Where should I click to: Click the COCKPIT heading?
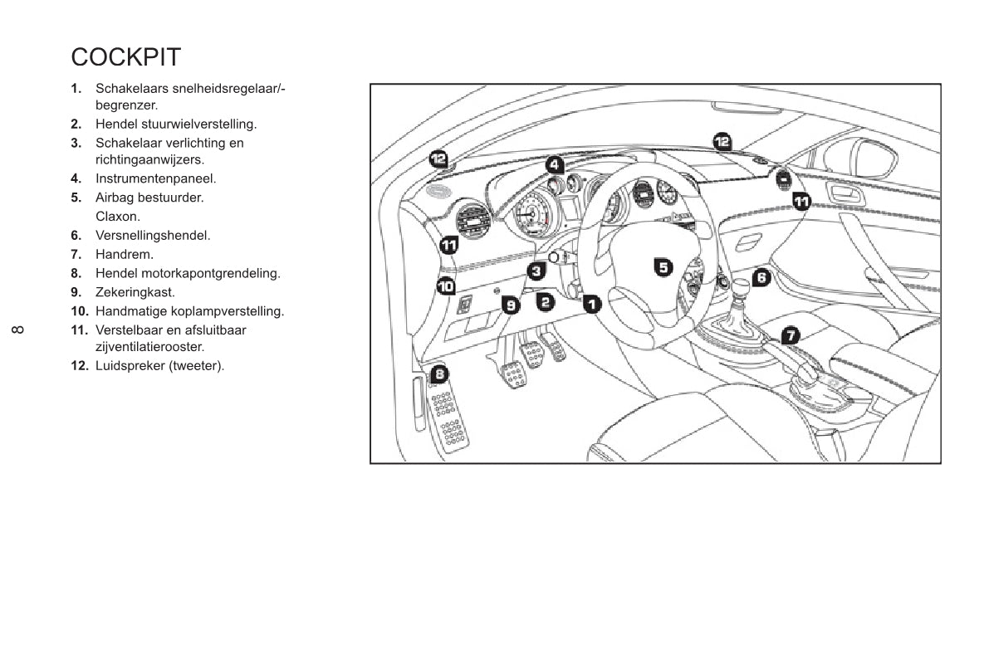tap(125, 57)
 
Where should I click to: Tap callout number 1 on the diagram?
tap(591, 304)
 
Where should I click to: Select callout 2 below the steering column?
tap(545, 301)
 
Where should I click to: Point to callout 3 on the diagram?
tap(537, 270)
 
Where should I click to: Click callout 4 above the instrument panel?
tap(555, 164)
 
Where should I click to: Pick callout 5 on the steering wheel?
tap(663, 266)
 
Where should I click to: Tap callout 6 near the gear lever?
tap(761, 278)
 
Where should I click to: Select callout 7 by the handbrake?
tap(791, 335)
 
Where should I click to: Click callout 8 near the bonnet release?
tap(439, 374)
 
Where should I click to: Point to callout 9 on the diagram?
tap(512, 305)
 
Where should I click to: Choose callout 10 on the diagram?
tap(447, 286)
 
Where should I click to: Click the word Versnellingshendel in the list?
tap(153, 236)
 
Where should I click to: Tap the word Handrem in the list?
tap(125, 255)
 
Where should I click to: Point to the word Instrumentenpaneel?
tap(155, 178)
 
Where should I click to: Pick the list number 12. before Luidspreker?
tap(80, 365)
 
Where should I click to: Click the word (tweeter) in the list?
tap(196, 365)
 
